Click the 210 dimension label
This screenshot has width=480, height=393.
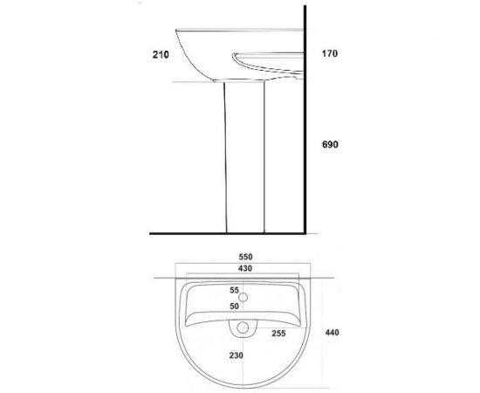coord(161,54)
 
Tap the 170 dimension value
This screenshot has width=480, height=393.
coord(330,53)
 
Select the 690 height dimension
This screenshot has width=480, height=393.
coord(330,144)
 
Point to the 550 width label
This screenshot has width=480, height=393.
coord(245,257)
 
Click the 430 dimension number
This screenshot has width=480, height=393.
coord(245,268)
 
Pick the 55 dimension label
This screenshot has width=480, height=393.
coord(234,290)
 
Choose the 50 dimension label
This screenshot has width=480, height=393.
coord(234,306)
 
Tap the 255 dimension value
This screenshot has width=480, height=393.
coord(279,334)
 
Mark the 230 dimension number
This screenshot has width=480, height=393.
coord(237,355)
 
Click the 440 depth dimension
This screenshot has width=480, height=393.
coord(333,333)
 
